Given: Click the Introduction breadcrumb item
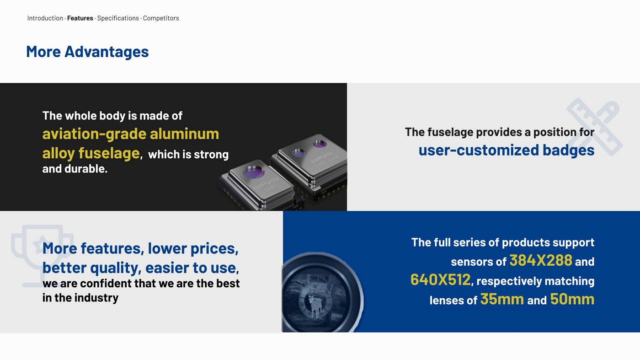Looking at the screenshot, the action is tap(45, 18).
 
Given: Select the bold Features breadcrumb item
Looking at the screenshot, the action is tap(80, 18).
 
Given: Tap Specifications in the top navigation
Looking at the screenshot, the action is tap(118, 18).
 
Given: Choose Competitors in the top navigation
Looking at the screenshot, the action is tap(161, 18).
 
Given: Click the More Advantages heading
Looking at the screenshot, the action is tap(87, 52).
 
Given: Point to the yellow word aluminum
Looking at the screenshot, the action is tap(184, 134).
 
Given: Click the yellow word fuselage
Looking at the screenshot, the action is tap(109, 153).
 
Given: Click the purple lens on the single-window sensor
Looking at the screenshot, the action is tap(253, 172).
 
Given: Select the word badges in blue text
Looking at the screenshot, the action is tap(568, 150).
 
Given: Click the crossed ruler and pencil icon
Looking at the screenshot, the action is tap(594, 126).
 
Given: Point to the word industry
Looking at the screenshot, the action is tap(96, 298).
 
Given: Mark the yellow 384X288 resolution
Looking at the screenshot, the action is tap(541, 260).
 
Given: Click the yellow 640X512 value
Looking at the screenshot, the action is tap(440, 279).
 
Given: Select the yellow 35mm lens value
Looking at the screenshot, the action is tap(502, 299).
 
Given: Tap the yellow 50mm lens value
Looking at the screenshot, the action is tap(572, 299).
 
